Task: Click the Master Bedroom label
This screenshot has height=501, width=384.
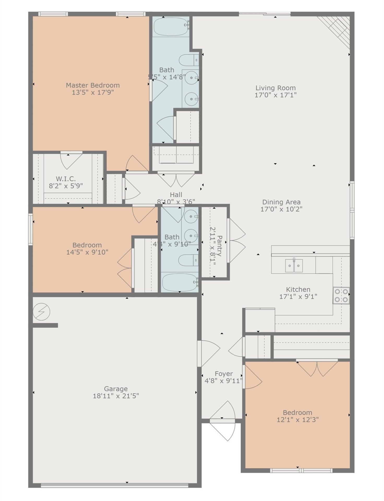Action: click(x=93, y=85)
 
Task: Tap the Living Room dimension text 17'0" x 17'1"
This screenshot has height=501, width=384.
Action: click(x=275, y=95)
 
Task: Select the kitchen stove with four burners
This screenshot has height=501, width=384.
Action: click(x=341, y=296)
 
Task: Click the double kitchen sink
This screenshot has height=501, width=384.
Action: click(x=294, y=266)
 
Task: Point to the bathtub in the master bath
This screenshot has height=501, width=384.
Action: click(x=171, y=26)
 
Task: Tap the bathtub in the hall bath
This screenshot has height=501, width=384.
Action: click(x=180, y=282)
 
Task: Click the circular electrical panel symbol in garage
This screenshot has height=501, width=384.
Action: click(x=42, y=312)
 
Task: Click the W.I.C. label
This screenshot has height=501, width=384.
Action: click(x=66, y=179)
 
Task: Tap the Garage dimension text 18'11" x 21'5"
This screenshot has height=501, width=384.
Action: click(x=116, y=396)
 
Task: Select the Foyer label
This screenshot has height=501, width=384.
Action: click(x=224, y=374)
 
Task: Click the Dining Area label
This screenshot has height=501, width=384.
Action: click(x=281, y=202)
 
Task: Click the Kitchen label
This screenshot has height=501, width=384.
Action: click(x=298, y=289)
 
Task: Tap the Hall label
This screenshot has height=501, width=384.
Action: click(x=176, y=195)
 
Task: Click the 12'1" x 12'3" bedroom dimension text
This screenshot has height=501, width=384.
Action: click(x=297, y=420)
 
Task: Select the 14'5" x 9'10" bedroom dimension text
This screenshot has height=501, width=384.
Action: click(x=87, y=252)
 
